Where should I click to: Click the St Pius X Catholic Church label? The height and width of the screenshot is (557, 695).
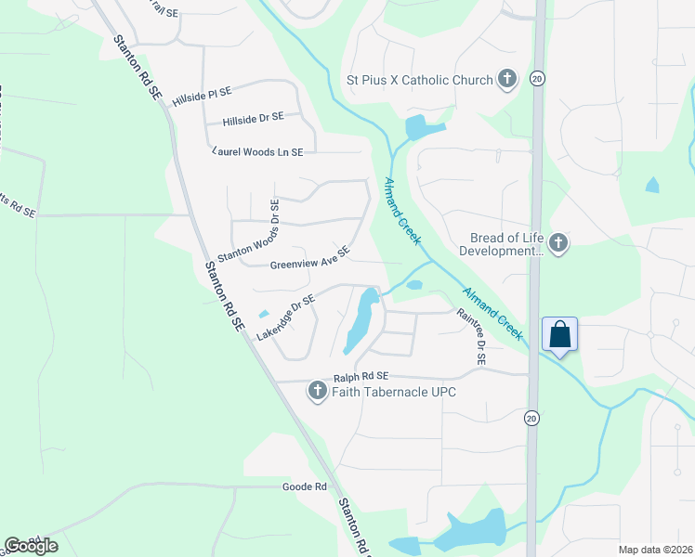pos(419,80)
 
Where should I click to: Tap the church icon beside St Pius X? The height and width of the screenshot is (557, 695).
pos(507,80)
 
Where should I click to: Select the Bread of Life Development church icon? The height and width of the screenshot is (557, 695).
pos(557,243)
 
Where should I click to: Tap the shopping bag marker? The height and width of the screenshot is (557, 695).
pos(560,334)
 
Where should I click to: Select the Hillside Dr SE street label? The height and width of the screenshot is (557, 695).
pos(253,120)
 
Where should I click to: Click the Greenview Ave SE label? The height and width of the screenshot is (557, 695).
pos(309,257)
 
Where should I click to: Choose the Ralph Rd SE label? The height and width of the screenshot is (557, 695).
pos(360,377)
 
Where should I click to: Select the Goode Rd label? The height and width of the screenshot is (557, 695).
pos(305,486)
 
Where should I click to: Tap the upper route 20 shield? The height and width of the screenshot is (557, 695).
pos(537,80)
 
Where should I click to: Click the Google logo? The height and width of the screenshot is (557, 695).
pos(31,545)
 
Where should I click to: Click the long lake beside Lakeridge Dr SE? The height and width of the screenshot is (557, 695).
pos(360,321)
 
